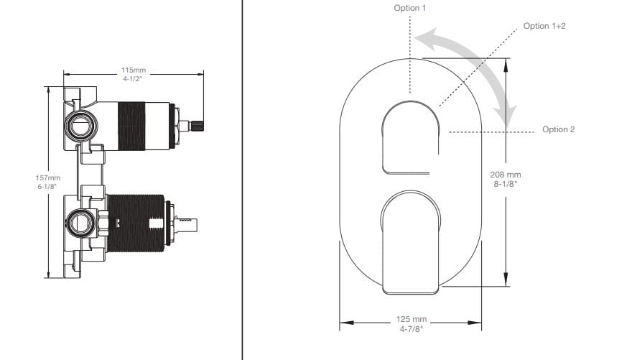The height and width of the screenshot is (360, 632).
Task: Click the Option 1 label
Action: click(409, 8)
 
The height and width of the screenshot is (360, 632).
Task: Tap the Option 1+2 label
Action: click(545, 26)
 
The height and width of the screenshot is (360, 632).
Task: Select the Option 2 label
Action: click(558, 129)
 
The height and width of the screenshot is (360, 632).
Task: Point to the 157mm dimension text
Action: click(49, 177)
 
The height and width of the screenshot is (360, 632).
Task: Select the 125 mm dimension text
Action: click(411, 319)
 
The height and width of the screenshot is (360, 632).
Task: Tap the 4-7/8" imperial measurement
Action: click(411, 328)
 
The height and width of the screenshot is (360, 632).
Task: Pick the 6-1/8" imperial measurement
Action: click(49, 186)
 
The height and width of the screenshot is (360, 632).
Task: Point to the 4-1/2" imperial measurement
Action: click(133, 78)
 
